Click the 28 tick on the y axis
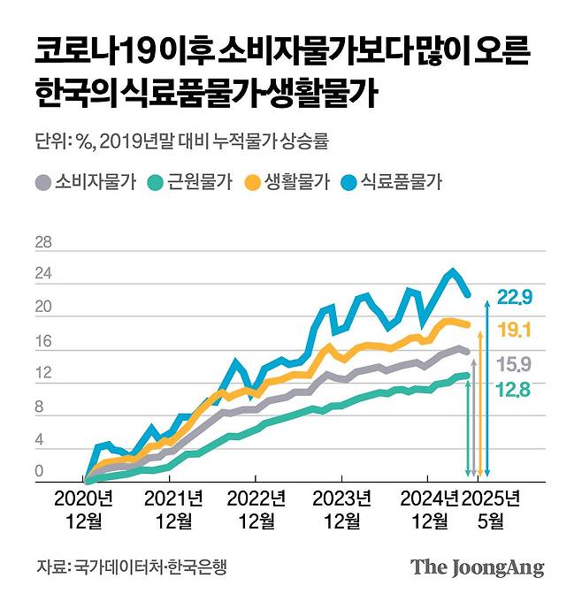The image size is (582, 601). point(42,242)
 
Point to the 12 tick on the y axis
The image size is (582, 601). point(42,375)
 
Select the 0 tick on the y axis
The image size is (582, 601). point(39,474)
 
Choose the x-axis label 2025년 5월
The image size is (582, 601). point(491,509)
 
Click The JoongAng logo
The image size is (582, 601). point(477,567)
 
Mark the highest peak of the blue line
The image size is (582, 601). point(453,270)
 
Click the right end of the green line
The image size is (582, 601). point(468,375)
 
